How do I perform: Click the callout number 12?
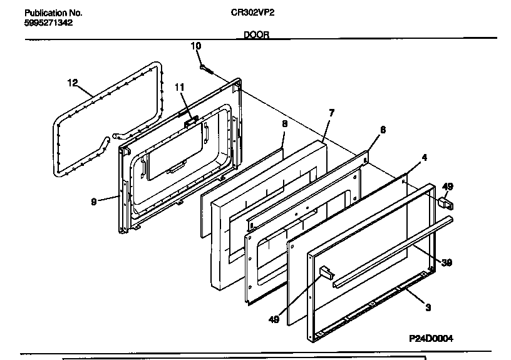72,82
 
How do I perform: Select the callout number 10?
195,46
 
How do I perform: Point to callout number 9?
93,201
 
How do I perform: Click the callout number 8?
284,124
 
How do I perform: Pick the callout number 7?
331,113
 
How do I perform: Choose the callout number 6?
383,130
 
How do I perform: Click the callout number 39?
446,262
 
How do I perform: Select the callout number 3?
428,307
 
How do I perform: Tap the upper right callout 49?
448,187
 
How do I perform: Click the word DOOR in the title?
255,36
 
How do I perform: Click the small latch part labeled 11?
190,121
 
